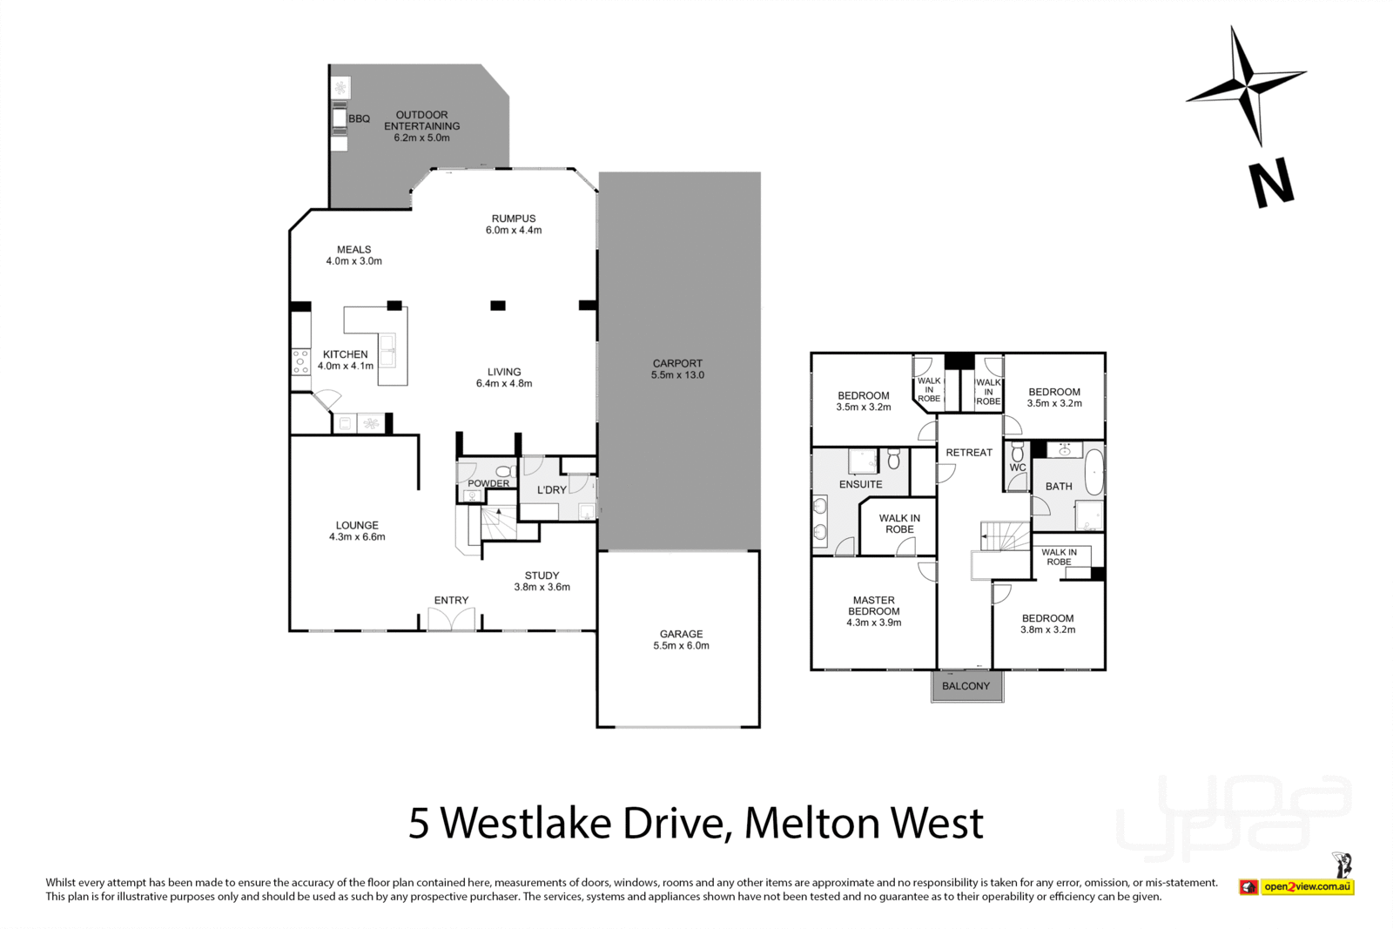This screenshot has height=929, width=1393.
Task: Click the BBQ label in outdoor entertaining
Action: pyautogui.click(x=359, y=119)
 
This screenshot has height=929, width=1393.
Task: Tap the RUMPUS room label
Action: pyautogui.click(x=513, y=219)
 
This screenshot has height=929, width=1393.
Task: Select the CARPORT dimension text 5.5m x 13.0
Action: pyautogui.click(x=677, y=375)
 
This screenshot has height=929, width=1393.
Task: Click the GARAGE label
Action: pyautogui.click(x=681, y=634)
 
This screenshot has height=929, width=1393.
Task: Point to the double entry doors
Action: pyautogui.click(x=451, y=619)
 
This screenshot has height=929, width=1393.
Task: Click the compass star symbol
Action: pyautogui.click(x=1246, y=86)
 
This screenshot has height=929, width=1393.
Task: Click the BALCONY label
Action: pyautogui.click(x=966, y=686)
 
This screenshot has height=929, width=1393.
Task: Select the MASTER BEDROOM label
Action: pyautogui.click(x=873, y=605)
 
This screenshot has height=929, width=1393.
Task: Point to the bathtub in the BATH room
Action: pyautogui.click(x=1094, y=472)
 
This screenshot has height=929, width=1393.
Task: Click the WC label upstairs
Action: pyautogui.click(x=1017, y=468)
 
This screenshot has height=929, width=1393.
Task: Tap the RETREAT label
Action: pyautogui.click(x=968, y=453)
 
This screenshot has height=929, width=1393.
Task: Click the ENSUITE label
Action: pyautogui.click(x=860, y=484)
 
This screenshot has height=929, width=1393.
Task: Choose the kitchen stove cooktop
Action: pyautogui.click(x=300, y=360)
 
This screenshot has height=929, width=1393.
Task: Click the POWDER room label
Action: pyautogui.click(x=488, y=483)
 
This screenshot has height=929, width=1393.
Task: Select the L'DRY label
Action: pyautogui.click(x=551, y=490)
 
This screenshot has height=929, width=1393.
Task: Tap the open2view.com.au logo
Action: pyautogui.click(x=1307, y=887)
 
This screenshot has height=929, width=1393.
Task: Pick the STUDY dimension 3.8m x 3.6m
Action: pyautogui.click(x=542, y=587)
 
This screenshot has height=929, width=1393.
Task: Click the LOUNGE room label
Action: pyautogui.click(x=357, y=525)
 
